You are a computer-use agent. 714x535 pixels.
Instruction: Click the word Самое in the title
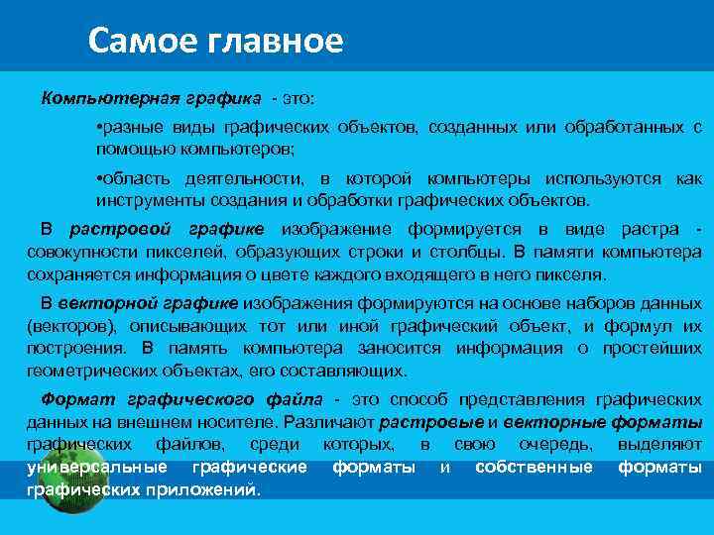[x=136, y=41]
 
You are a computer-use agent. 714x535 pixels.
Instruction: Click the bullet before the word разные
[x=100, y=129]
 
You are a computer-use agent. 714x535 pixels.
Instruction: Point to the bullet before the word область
[x=100, y=178]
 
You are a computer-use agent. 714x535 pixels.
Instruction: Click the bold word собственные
[x=534, y=467]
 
